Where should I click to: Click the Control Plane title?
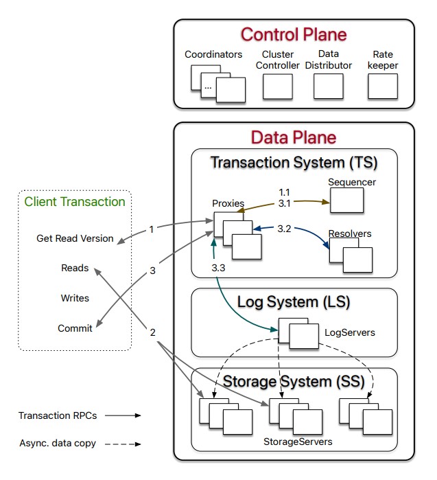294,34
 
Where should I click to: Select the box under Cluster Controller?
278,87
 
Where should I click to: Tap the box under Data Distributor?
328,87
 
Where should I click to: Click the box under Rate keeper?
382,87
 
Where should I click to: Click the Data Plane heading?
293,137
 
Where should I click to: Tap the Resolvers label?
349,234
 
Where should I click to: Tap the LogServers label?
349,332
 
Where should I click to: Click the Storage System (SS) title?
293,381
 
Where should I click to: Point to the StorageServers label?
298,442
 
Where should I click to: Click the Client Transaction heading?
75,201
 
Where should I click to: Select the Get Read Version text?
75,238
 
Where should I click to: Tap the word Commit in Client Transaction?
75,328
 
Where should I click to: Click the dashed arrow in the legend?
123,444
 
